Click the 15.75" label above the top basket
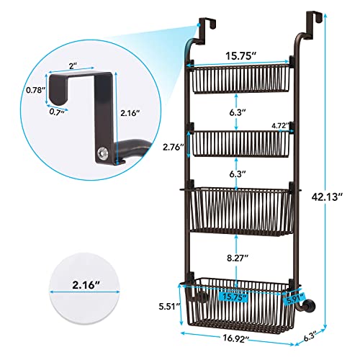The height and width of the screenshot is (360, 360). tap(237, 54)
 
